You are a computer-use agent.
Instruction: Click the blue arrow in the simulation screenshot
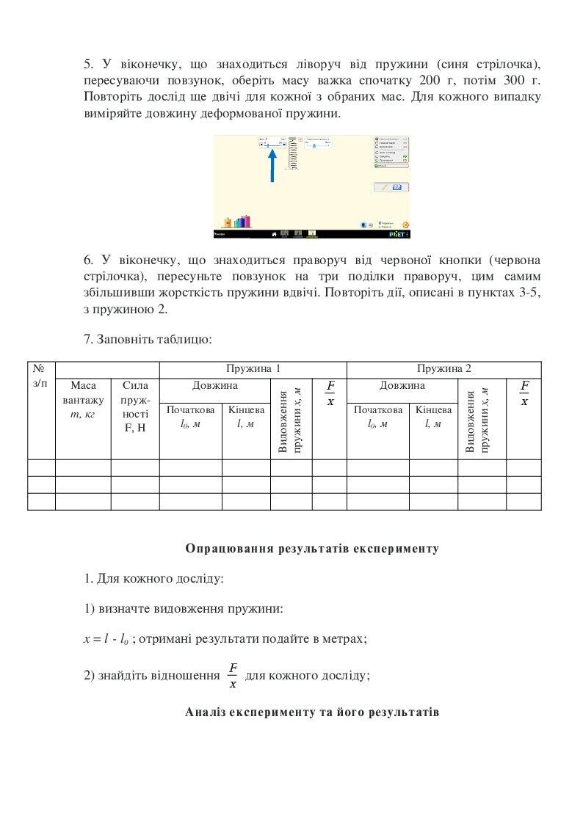pos(272,165)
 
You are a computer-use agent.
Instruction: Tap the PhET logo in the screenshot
pos(397,234)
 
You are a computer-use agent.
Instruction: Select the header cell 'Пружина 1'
pos(253,369)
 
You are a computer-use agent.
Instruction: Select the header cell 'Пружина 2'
pos(443,369)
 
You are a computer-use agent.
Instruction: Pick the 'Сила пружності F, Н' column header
pos(135,406)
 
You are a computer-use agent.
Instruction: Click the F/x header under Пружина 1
pos(330,393)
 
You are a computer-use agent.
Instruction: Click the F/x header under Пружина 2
pos(524,393)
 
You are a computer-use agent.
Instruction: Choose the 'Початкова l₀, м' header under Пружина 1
pos(190,417)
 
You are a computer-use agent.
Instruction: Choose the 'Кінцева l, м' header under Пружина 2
pos(433,417)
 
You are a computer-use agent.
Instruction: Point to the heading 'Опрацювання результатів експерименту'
pos(312,548)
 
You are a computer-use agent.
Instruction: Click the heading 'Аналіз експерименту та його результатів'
pos(312,712)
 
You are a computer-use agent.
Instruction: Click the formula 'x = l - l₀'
pos(106,639)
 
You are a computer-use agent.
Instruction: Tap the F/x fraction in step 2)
pos(233,675)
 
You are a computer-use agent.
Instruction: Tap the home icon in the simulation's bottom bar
pos(274,234)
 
